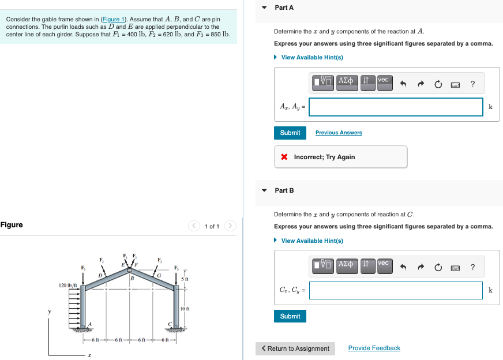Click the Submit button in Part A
(290, 133)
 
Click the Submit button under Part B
(290, 316)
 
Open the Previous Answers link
(339, 133)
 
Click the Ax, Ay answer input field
(396, 107)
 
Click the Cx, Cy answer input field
(396, 290)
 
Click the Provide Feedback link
(374, 348)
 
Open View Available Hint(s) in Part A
(311, 57)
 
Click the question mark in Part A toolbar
(472, 84)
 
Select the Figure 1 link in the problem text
(113, 20)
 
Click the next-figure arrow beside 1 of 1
(230, 226)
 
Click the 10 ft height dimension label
(185, 309)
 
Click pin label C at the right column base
(170, 324)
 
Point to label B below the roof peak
(132, 279)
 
